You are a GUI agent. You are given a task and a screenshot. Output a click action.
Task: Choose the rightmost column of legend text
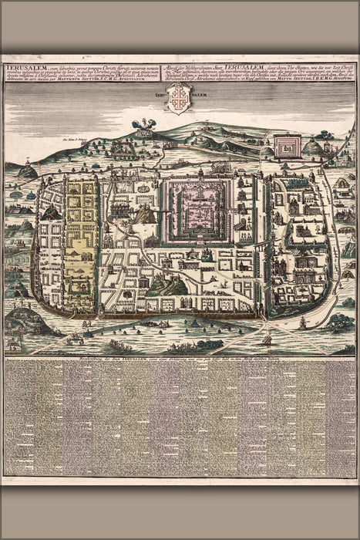click(x=340, y=420)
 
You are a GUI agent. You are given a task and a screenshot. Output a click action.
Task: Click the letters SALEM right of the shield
click(x=199, y=96)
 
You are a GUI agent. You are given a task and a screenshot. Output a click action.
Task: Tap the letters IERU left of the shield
click(x=160, y=96)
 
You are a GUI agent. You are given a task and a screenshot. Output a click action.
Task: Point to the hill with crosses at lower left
click(x=23, y=319)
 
